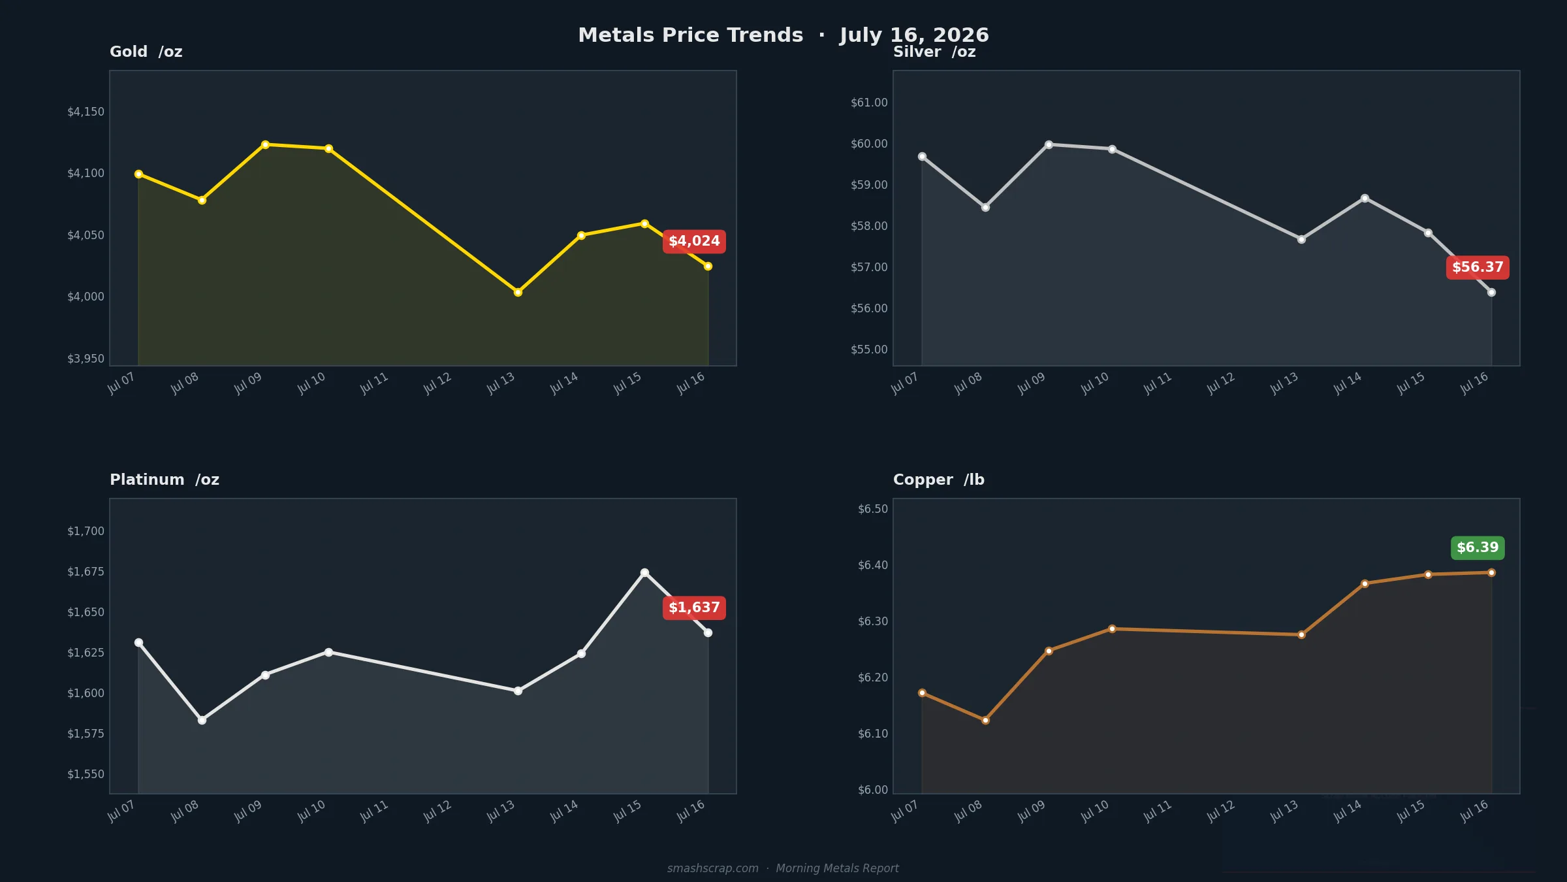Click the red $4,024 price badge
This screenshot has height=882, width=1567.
(694, 242)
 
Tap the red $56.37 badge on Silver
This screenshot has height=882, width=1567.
(1478, 267)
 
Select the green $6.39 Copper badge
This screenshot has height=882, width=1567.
(1478, 547)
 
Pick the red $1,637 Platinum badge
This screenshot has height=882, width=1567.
(694, 608)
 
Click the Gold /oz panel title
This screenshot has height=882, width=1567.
(146, 52)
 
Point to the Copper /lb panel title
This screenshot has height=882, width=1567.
(939, 480)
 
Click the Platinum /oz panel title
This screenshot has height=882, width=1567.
(165, 480)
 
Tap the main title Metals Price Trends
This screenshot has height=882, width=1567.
(691, 35)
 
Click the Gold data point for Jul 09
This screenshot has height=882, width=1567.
(265, 144)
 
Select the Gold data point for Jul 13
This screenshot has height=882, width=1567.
(518, 292)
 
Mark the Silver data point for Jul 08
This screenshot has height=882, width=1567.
(985, 207)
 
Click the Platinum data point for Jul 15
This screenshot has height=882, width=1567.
(644, 572)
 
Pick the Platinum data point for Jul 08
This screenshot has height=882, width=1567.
(202, 720)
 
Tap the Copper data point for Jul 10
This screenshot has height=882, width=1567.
(1112, 629)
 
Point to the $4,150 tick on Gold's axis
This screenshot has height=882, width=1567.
(86, 112)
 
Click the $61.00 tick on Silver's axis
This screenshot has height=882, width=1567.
(869, 103)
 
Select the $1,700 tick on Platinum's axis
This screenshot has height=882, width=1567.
(86, 531)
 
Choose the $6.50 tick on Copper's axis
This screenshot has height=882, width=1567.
(873, 509)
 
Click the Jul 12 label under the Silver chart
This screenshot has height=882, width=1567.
(1220, 384)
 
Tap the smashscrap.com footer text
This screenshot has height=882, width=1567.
(713, 868)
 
